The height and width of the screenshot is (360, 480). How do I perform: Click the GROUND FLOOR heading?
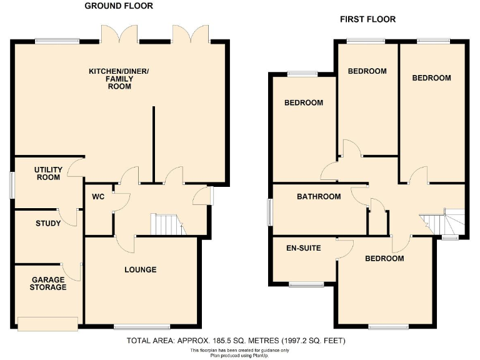point(119,6)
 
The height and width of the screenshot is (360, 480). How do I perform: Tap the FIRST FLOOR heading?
point(367,19)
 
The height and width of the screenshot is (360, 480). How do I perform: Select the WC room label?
point(97,197)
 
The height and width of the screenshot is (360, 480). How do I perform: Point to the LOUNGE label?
point(140,270)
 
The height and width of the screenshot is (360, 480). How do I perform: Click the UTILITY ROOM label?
point(47,174)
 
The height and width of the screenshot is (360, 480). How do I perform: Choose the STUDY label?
point(48,223)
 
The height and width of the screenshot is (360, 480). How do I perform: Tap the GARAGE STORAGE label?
point(47,284)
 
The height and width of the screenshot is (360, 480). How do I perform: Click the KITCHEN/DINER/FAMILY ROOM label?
point(119,79)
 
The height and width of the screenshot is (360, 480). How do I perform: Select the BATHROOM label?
point(319,197)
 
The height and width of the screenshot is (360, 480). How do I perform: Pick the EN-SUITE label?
point(303,248)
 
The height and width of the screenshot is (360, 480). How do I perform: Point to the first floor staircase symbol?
point(441,221)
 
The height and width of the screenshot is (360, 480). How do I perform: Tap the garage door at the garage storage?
point(48,323)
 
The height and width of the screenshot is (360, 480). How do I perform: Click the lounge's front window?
point(142,326)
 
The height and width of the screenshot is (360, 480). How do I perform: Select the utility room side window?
point(12,185)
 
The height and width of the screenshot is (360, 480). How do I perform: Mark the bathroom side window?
point(270,212)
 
